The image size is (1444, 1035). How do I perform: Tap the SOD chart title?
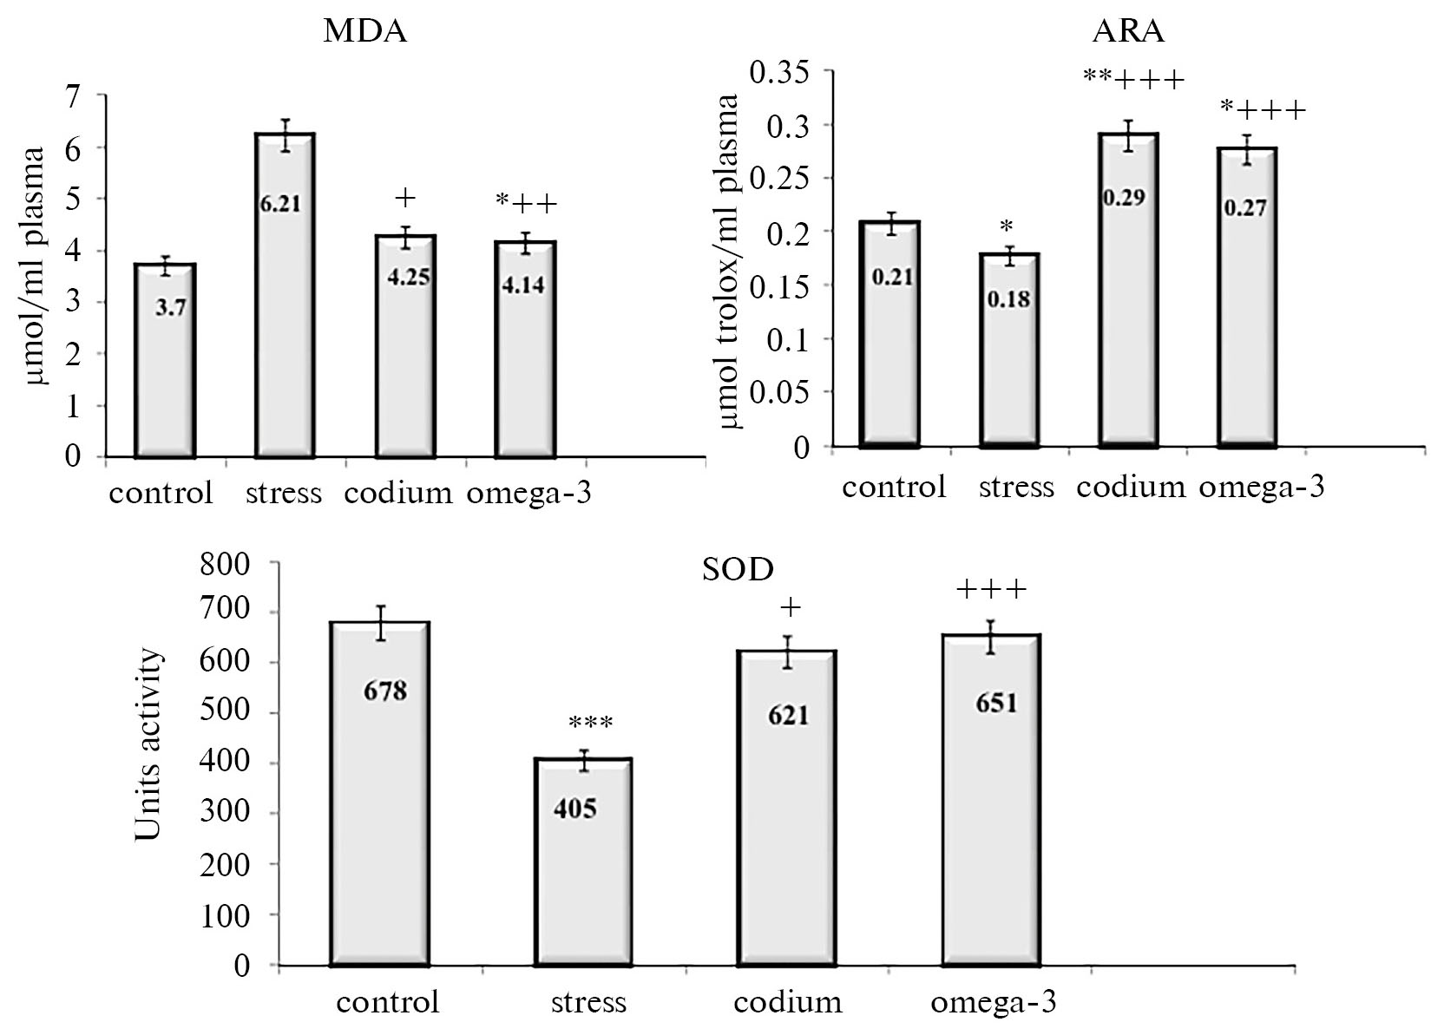pos(737,569)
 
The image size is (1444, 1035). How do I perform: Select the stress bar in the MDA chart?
pos(283,295)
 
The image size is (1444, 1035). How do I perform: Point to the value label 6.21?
pos(283,205)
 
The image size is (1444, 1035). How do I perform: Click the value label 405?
pos(574,809)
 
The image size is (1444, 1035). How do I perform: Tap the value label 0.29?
pos(1125,198)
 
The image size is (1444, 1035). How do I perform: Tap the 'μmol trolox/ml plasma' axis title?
pos(730,261)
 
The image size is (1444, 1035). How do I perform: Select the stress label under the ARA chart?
pos(1016,488)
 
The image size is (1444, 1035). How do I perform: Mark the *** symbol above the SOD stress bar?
pos(590,723)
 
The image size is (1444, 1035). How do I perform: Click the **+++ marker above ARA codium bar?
pos(1132,80)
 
